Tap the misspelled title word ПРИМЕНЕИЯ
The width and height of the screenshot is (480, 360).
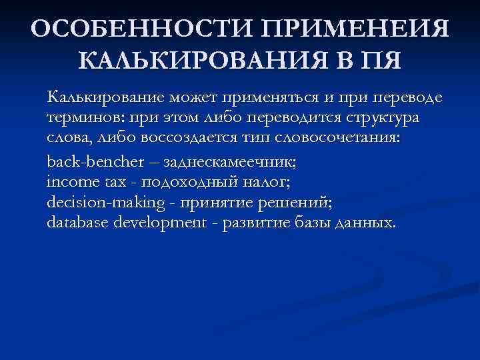pos(357,30)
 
